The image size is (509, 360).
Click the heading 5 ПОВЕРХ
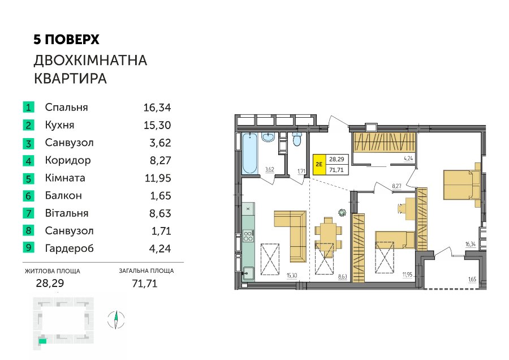(x=66, y=40)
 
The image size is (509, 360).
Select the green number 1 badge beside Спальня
(x=29, y=107)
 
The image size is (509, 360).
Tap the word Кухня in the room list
(x=60, y=125)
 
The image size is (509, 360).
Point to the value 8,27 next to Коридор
(x=161, y=161)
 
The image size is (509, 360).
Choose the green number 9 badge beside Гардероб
(x=29, y=247)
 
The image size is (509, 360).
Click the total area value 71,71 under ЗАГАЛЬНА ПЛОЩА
(x=145, y=284)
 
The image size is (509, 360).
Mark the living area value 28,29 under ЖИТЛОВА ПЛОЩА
(x=50, y=284)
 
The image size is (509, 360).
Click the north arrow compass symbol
(x=116, y=320)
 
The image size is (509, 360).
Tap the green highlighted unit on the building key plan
(x=42, y=341)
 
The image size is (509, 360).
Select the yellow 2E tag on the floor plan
(x=319, y=164)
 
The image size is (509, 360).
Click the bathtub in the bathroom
(x=249, y=153)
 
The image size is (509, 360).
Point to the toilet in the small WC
(x=297, y=139)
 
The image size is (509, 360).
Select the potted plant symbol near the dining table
(x=342, y=213)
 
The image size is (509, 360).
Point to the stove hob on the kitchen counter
(x=248, y=236)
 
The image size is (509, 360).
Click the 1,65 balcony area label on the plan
(x=472, y=279)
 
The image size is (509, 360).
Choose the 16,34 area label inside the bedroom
(x=470, y=244)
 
